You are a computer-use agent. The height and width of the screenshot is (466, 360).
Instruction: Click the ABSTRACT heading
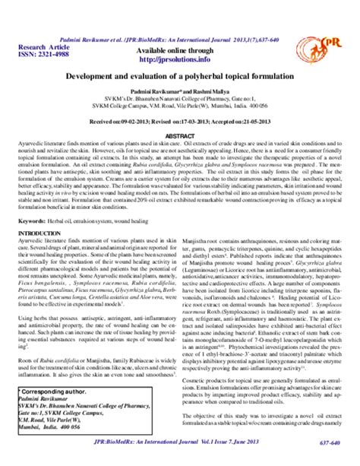pos(180,135)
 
